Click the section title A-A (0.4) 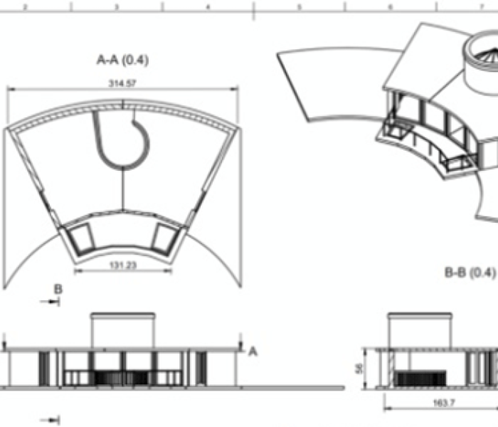coord(122,60)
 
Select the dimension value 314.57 coord(122,83)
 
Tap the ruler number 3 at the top coord(116,6)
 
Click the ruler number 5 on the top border coord(299,6)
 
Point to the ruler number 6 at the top coord(390,6)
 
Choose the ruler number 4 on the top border coord(207,6)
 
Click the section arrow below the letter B coord(51,302)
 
